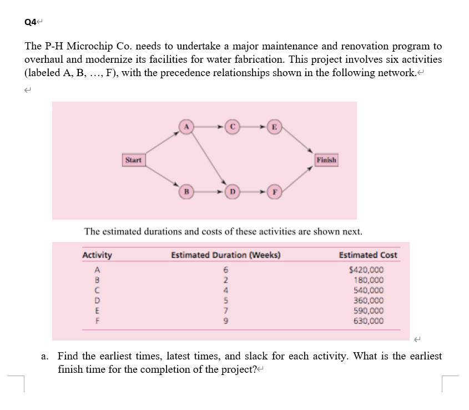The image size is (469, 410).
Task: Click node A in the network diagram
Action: (x=186, y=127)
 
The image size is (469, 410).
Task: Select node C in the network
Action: (x=234, y=127)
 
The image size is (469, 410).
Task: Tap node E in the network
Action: (x=274, y=127)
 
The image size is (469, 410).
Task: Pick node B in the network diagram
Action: (x=186, y=192)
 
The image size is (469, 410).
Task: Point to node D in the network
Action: (x=234, y=192)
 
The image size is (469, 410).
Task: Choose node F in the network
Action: (x=274, y=192)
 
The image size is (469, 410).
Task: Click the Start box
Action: (x=133, y=160)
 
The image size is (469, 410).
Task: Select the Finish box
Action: (x=326, y=160)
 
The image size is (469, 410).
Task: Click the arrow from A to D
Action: (x=210, y=159)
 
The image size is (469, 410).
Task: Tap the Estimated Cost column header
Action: (x=368, y=255)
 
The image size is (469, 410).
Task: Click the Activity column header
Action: (x=97, y=255)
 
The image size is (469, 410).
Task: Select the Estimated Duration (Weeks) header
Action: (x=226, y=255)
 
